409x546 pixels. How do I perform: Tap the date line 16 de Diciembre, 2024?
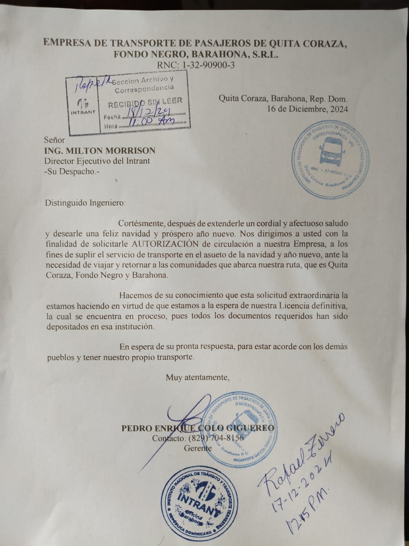click(307, 109)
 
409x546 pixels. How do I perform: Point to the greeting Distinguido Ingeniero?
click(85, 203)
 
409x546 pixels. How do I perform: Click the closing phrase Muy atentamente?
click(198, 377)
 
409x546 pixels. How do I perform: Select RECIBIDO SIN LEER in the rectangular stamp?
click(145, 102)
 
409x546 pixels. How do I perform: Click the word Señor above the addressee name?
click(55, 140)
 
